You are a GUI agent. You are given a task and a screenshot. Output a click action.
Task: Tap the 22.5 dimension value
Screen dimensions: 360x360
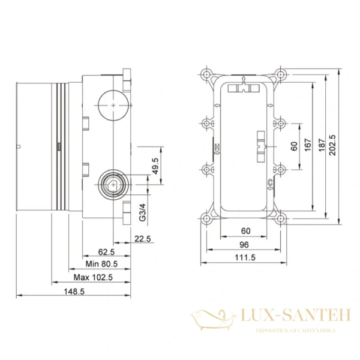pyautogui.click(x=142, y=239)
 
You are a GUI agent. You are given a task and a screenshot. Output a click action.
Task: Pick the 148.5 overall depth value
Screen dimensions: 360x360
pyautogui.click(x=76, y=290)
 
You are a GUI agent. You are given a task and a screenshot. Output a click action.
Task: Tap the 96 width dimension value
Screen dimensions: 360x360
pyautogui.click(x=244, y=244)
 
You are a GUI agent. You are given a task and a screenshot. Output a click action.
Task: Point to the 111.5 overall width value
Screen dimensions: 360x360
pyautogui.click(x=244, y=257)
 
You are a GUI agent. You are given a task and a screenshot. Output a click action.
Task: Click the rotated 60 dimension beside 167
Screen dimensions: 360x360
pyautogui.click(x=293, y=146)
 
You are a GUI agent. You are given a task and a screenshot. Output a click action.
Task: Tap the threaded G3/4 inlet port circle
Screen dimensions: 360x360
pyautogui.click(x=112, y=184)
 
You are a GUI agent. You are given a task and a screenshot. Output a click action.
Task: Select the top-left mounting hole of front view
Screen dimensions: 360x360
pyautogui.click(x=208, y=76)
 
